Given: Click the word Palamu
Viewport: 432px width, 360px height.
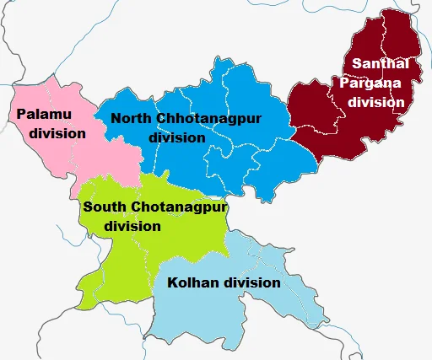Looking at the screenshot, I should pyautogui.click(x=41, y=114).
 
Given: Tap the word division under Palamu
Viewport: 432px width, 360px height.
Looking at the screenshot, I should pyautogui.click(x=57, y=133).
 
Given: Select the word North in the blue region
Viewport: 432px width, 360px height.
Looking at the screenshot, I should pyautogui.click(x=128, y=118).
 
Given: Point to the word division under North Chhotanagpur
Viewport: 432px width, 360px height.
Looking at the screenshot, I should pyautogui.click(x=176, y=137).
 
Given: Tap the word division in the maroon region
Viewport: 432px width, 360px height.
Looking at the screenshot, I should pyautogui.click(x=376, y=102).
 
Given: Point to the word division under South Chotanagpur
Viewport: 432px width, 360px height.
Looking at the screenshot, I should pyautogui.click(x=132, y=226).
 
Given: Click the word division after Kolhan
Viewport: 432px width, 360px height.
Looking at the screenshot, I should pyautogui.click(x=250, y=282).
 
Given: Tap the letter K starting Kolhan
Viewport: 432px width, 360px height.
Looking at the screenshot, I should pyautogui.click(x=173, y=282).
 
